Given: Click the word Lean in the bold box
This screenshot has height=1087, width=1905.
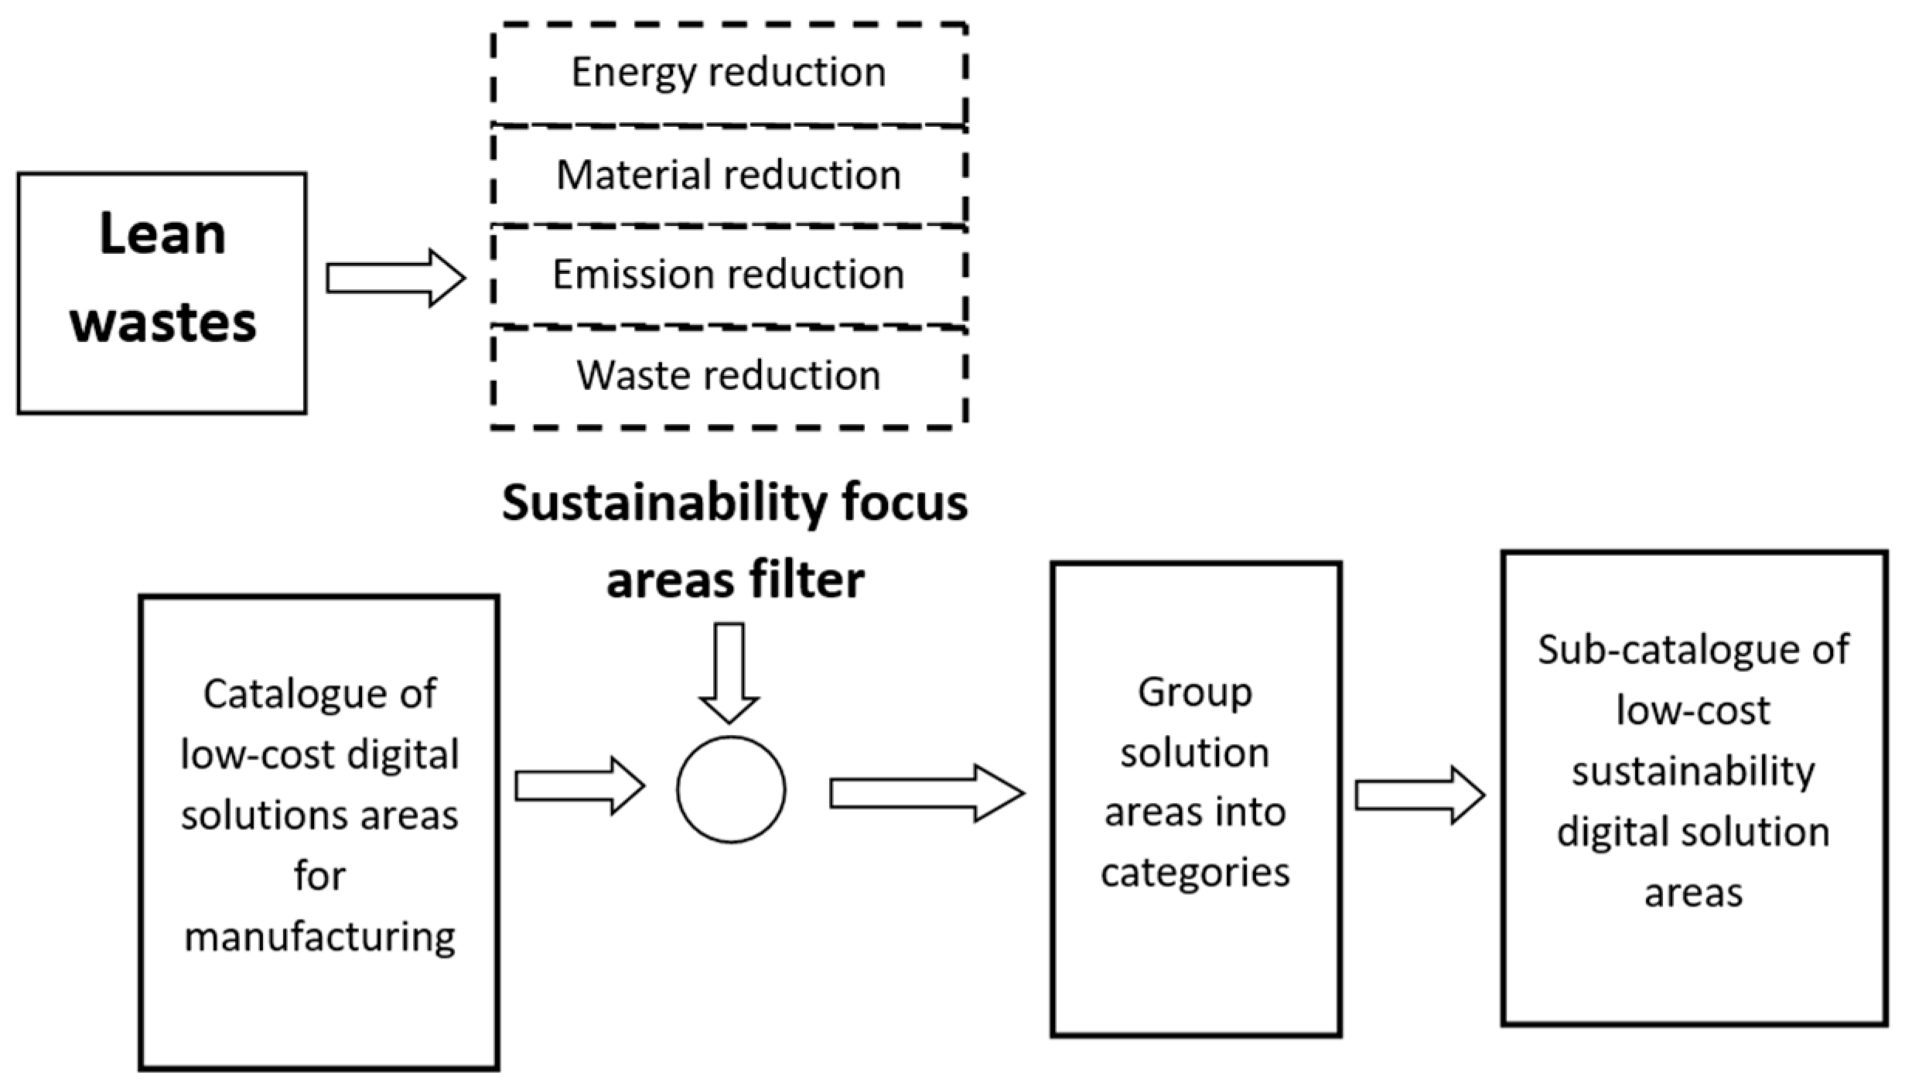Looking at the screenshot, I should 162,234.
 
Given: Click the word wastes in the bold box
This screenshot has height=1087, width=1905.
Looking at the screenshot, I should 163,323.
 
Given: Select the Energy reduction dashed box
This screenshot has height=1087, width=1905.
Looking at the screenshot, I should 729,73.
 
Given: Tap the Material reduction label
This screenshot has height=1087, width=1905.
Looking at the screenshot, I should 729,175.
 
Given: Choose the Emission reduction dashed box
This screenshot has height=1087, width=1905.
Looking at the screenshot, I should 729,275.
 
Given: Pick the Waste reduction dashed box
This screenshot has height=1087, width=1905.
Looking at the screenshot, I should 729,376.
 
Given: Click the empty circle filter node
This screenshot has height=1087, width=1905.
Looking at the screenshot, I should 731,789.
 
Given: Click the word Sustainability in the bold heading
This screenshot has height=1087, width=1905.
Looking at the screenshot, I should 664,504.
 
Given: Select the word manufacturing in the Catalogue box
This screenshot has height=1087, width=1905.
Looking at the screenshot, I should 319,938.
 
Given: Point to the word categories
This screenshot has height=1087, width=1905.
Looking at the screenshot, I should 1195,873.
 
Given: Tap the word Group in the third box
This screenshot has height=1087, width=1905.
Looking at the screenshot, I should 1195,692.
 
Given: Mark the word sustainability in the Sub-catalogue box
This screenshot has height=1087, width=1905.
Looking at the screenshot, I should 1693,772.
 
